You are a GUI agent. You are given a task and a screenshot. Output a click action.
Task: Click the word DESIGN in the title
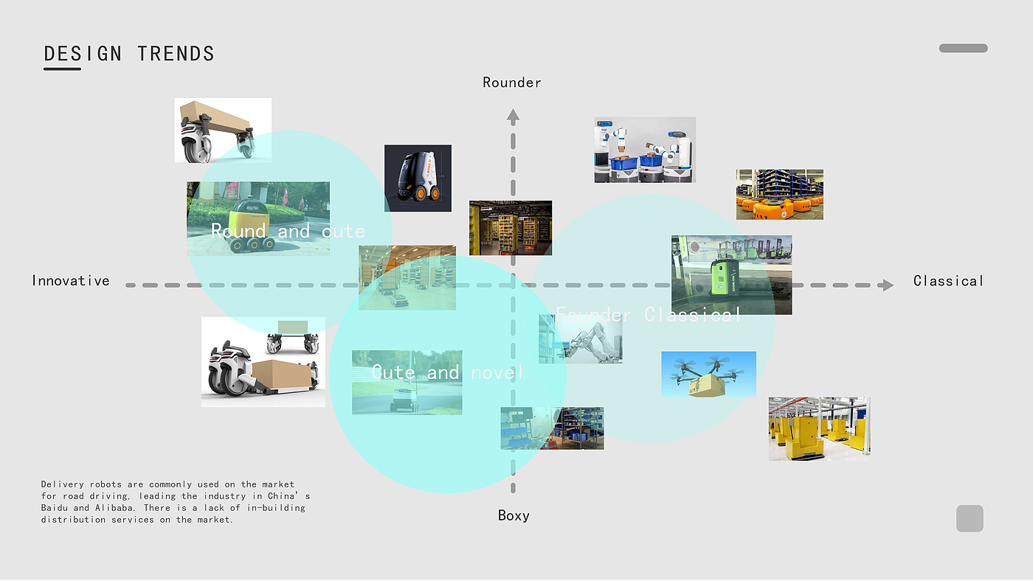point(83,54)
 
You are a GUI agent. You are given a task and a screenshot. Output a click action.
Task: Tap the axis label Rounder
point(512,83)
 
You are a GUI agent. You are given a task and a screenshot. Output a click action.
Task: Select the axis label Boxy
point(514,515)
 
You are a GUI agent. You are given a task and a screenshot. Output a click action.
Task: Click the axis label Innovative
point(71,281)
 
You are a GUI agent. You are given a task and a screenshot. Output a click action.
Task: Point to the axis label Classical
point(948,281)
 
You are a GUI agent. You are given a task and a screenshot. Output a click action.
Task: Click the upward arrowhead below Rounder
point(514,115)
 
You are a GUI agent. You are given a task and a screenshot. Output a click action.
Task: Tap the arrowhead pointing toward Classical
point(887,285)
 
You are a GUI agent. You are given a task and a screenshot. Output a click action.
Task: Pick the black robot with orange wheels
point(418,178)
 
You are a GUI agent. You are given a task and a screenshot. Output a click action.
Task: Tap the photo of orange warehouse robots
point(779,195)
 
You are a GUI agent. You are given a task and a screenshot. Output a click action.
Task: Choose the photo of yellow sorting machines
point(818,429)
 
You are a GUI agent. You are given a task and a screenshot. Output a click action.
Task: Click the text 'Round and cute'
point(288,232)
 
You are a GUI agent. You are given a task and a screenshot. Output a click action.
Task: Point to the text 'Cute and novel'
point(447,373)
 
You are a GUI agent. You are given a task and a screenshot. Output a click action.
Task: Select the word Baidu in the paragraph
point(56,508)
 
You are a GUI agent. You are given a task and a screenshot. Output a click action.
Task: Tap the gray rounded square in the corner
point(970,518)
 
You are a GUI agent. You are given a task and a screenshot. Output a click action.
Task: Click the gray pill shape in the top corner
point(963,48)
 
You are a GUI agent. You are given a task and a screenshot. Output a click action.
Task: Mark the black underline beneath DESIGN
point(62,69)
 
